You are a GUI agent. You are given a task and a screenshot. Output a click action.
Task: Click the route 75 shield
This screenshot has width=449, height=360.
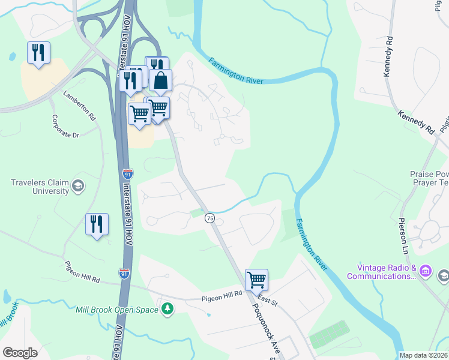209,218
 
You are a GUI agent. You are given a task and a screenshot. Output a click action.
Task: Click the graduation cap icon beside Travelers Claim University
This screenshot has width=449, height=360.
77,186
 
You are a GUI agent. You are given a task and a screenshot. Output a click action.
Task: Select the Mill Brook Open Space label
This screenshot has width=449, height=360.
117,310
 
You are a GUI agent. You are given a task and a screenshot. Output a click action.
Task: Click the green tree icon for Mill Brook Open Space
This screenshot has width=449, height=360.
167,310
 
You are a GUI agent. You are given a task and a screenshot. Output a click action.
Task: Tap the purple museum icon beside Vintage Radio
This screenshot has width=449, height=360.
426,271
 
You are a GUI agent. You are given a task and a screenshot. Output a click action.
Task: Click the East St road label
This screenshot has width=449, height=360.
268,298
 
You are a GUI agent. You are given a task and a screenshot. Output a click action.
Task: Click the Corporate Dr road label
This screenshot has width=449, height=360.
65,127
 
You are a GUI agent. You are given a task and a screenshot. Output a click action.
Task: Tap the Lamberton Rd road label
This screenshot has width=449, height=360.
80,103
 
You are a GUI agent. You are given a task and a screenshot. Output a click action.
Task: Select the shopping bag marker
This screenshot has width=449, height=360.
161,80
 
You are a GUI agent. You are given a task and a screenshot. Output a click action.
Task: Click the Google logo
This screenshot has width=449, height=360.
20,352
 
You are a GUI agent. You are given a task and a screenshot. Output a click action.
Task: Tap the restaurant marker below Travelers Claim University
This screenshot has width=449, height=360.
97,224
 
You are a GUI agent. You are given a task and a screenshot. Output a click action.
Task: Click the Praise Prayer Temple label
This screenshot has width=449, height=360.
429,178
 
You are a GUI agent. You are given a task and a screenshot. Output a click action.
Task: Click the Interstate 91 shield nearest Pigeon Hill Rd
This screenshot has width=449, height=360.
124,274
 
